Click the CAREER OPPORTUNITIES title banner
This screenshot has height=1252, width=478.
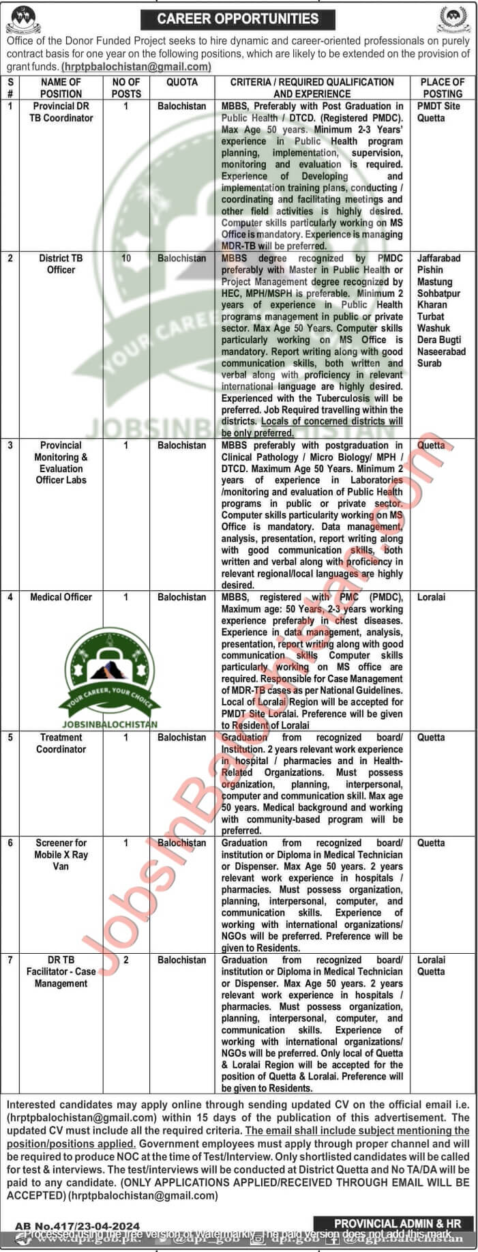(x=238, y=18)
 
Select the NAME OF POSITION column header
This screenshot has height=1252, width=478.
(x=61, y=87)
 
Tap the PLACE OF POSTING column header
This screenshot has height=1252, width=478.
(x=442, y=87)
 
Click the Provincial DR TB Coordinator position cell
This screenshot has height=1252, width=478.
(x=61, y=112)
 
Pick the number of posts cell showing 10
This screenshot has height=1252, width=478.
(x=126, y=259)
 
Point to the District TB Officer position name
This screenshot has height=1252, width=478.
(x=61, y=264)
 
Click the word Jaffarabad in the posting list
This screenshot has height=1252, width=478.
(x=438, y=259)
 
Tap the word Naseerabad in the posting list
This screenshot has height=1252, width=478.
(x=441, y=351)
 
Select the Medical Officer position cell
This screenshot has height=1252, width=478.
(x=61, y=597)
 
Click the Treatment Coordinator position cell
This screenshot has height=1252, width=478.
(x=61, y=743)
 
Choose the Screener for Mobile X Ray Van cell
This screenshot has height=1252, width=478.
(x=61, y=854)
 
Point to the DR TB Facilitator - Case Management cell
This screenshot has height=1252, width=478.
(x=61, y=972)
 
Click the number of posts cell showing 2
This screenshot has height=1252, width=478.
(x=126, y=960)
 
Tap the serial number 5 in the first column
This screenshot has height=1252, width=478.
(x=10, y=738)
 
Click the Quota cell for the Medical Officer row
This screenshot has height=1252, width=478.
(x=181, y=597)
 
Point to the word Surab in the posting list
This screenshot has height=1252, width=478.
(x=430, y=363)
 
